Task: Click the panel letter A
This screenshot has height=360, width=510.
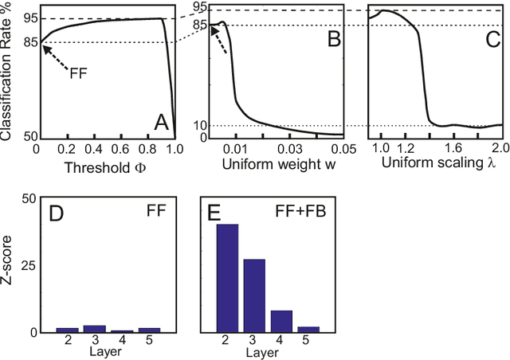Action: click(x=161, y=123)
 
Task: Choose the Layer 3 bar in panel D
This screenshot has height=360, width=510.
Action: click(x=94, y=328)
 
